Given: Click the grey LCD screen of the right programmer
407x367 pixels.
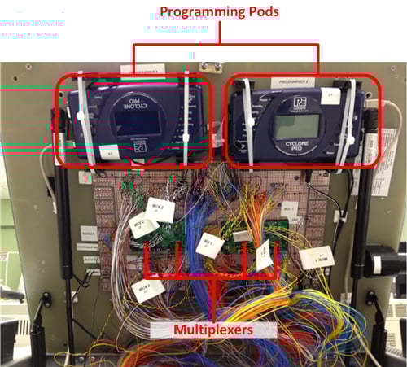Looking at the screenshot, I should tap(295, 126).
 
